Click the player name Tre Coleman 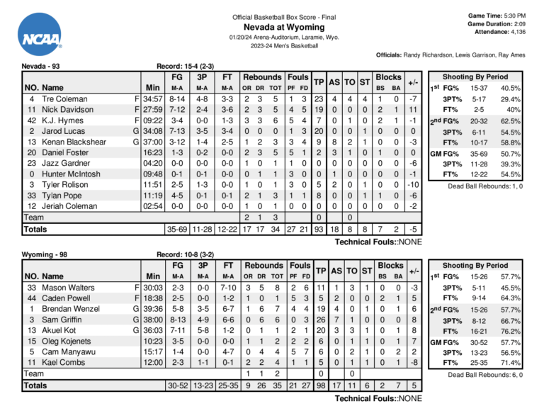[x=64, y=98]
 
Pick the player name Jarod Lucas [x=64, y=130]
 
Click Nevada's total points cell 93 [x=319, y=230]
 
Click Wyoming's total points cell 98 [x=319, y=385]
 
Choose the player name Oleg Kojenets [x=67, y=341]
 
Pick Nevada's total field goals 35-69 [x=177, y=230]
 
